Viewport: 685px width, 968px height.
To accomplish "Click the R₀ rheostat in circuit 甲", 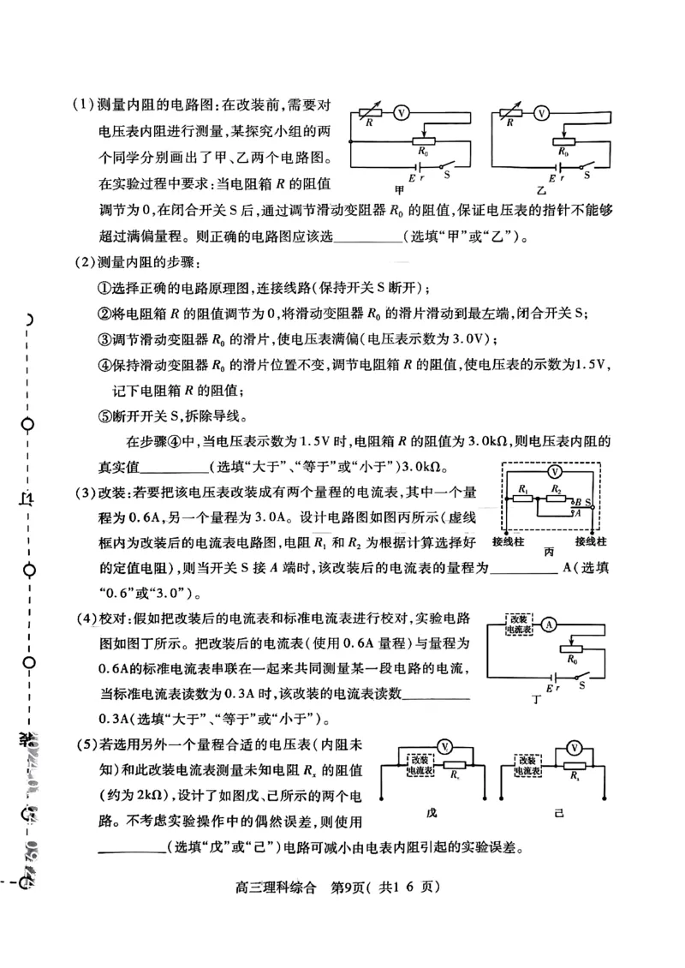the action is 420,144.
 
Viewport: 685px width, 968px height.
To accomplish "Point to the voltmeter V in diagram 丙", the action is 555,472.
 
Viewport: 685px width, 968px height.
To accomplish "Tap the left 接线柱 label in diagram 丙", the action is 508,541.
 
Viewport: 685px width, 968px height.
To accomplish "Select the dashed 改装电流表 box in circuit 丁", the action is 519,624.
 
